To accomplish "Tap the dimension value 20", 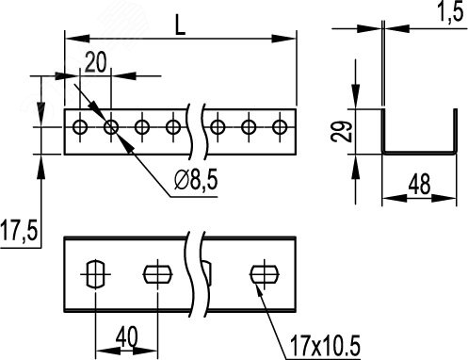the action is (x=96, y=62).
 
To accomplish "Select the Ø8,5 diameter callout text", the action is (x=196, y=180).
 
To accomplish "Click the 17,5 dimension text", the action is (x=19, y=230).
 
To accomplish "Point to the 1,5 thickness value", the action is (x=451, y=12).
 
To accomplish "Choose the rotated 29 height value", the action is (x=342, y=131).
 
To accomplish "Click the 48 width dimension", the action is (x=419, y=184).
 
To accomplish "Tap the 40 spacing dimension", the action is (x=126, y=335).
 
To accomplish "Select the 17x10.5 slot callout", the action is (x=325, y=345).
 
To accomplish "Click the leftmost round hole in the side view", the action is (x=80, y=127).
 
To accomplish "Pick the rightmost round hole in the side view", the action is (x=280, y=127).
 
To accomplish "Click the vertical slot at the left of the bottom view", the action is (x=95, y=274).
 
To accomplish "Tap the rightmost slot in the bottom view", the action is (x=265, y=274).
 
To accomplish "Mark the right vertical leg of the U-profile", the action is (x=455, y=131).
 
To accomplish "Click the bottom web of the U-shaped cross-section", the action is (x=419, y=153).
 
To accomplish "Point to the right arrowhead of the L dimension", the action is (x=283, y=39).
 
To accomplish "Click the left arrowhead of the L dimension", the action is (x=77, y=39).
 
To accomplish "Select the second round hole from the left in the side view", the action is (x=111, y=127).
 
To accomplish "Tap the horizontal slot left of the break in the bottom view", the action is (x=157, y=274).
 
